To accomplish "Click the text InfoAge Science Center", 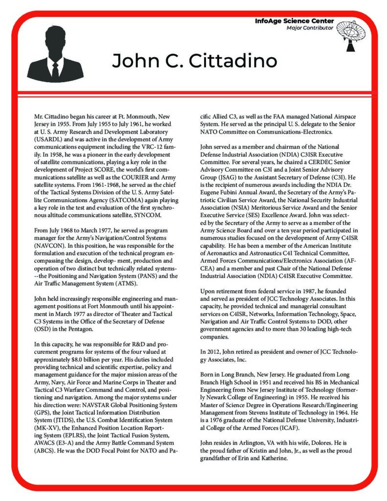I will [x=295, y=21].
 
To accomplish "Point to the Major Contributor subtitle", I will [x=310, y=28].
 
